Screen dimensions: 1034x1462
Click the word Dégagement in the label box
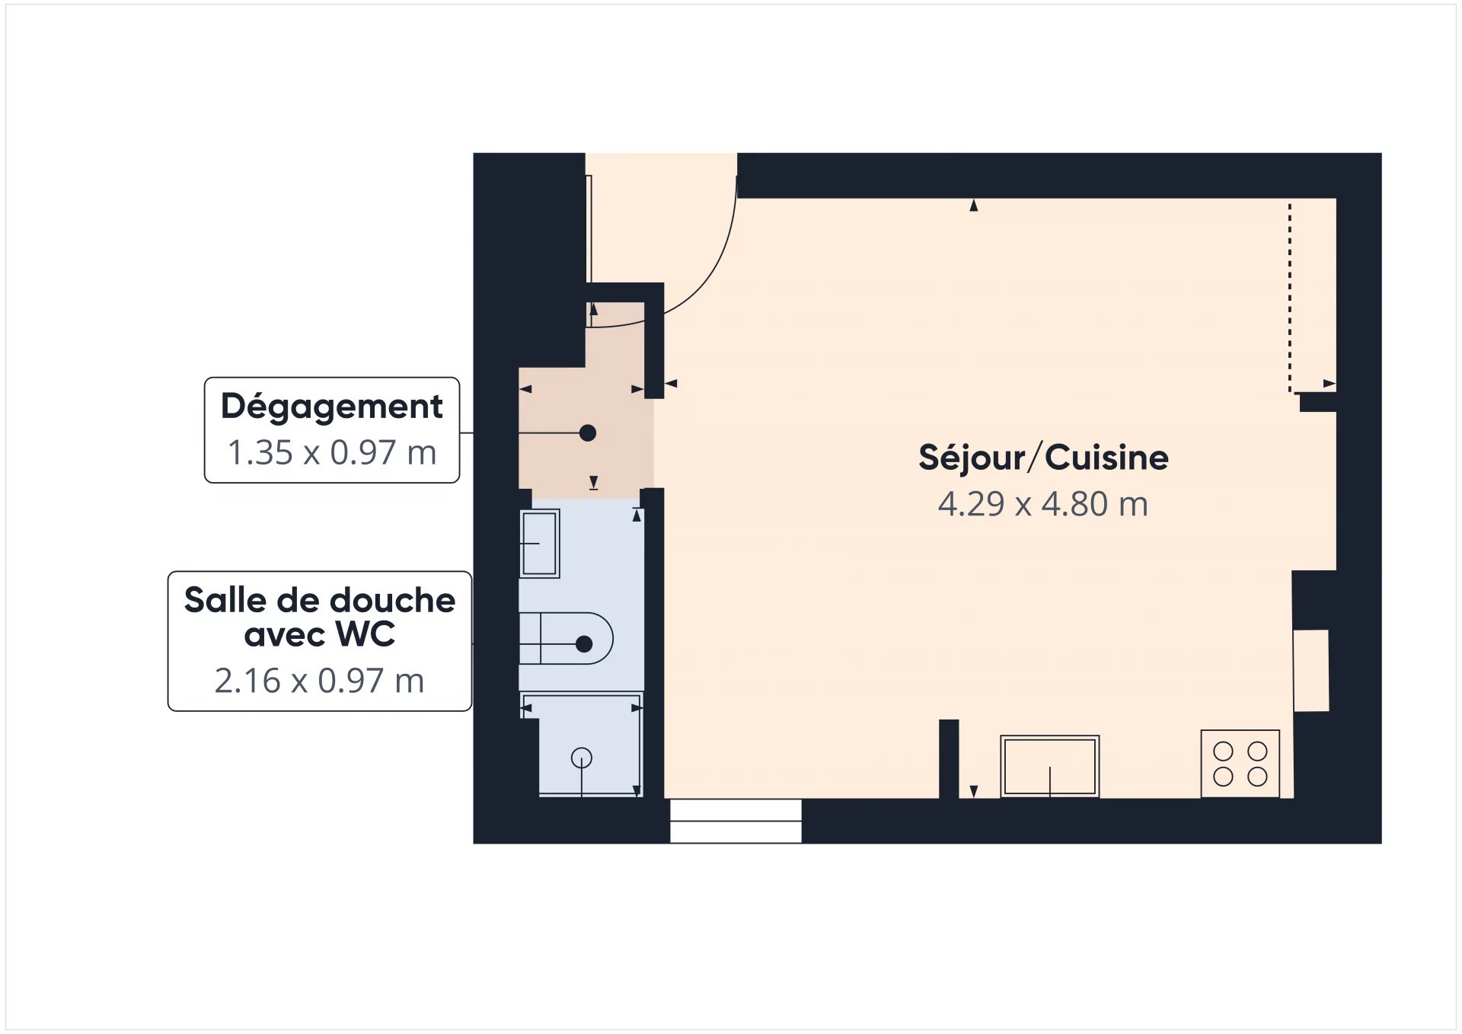[x=331, y=407]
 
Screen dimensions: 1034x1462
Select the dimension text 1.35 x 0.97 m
[x=331, y=453]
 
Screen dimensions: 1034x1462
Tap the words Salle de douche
[x=319, y=601]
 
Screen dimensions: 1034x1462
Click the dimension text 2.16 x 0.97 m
[x=319, y=681]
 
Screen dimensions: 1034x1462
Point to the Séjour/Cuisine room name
[x=1042, y=458]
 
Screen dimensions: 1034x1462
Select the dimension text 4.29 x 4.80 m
[x=1042, y=504]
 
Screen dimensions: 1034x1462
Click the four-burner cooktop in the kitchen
[x=1240, y=764]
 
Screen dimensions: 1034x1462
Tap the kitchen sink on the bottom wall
[x=1049, y=766]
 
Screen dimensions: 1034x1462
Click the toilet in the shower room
[x=567, y=638]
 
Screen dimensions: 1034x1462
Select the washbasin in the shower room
[x=539, y=544]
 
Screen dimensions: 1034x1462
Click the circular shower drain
[x=582, y=758]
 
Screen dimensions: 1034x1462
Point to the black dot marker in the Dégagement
[x=588, y=433]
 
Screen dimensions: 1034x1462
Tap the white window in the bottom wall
[x=736, y=821]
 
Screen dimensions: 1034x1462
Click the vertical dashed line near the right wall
[x=1289, y=297]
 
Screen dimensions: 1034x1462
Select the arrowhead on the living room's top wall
[x=973, y=206]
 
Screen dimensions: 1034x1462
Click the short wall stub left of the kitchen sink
[x=949, y=758]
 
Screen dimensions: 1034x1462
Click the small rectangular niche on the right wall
[x=1311, y=671]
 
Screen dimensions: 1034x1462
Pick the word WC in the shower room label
[x=365, y=634]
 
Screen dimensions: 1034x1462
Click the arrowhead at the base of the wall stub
[x=973, y=791]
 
